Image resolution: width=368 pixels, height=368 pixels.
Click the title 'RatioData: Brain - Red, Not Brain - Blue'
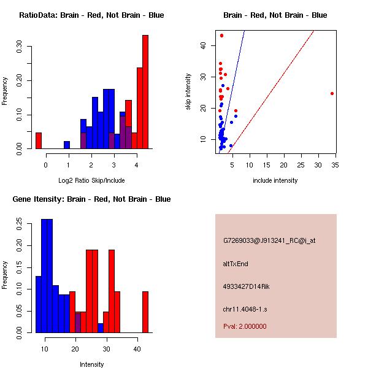[x=91, y=15]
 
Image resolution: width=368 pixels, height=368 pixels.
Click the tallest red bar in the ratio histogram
[x=145, y=91]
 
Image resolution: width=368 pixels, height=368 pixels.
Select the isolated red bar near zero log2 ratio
[x=39, y=140]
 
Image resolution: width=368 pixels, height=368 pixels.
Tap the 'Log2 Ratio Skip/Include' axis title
[x=91, y=180]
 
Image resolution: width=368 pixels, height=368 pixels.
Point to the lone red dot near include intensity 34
[x=332, y=93]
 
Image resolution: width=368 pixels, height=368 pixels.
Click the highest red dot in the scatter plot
[x=221, y=36]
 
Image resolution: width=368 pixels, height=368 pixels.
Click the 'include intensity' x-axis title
[x=275, y=180]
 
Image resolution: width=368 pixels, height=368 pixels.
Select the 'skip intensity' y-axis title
[x=188, y=92]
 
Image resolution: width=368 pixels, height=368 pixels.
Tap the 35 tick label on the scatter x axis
[x=334, y=164]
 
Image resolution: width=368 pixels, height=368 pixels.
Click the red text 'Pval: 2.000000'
[x=245, y=326]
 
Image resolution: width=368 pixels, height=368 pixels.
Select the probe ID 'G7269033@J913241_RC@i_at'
[x=269, y=241]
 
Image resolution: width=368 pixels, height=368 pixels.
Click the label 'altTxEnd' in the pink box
[x=235, y=264]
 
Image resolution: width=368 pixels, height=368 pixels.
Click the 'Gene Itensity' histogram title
[x=91, y=199]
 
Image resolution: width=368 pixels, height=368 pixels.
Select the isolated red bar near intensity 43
[x=145, y=312]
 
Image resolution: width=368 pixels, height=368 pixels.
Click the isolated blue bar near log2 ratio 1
[x=67, y=145]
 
